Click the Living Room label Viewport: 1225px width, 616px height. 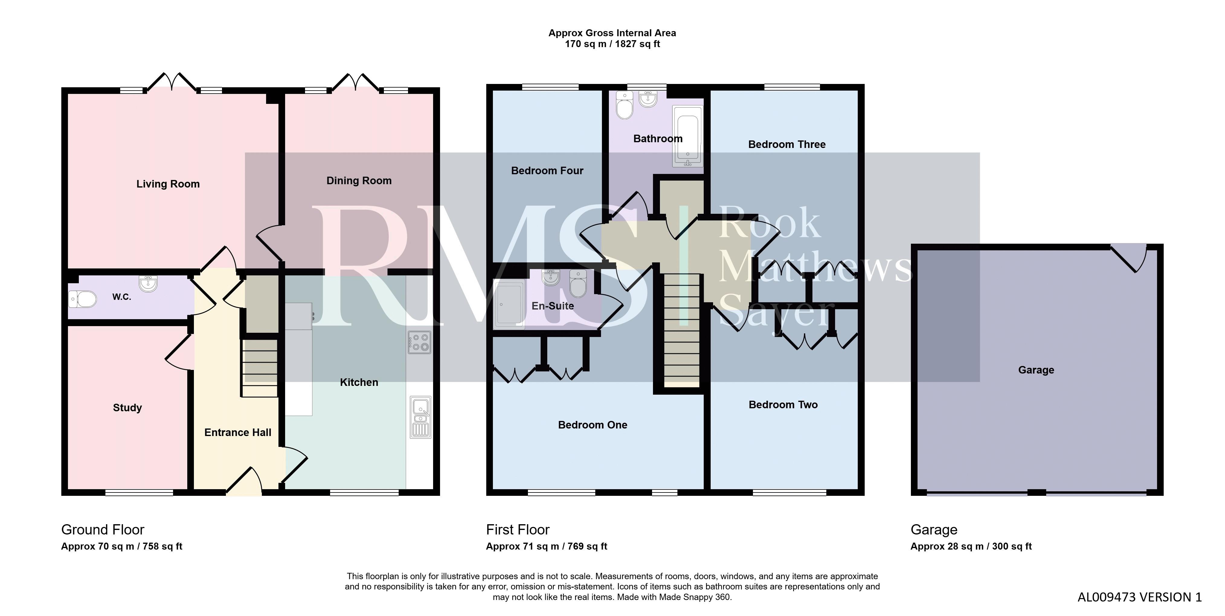tap(168, 184)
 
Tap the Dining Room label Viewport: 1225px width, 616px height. tap(359, 181)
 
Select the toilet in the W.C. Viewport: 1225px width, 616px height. tap(82, 299)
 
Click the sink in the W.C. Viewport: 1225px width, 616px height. tap(148, 284)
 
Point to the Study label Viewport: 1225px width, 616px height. tap(127, 408)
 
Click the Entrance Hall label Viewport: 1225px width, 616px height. tap(238, 432)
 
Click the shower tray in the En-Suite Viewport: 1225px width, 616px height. tap(509, 304)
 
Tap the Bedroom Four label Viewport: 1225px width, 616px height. tap(547, 171)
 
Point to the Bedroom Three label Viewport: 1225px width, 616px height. tap(787, 145)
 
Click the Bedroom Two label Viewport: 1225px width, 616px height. tap(783, 405)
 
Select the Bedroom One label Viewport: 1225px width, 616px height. tap(593, 425)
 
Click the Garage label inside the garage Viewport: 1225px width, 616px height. tap(1036, 370)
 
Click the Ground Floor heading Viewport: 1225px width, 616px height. tap(103, 530)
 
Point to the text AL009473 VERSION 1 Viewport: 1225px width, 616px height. tap(1140, 598)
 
